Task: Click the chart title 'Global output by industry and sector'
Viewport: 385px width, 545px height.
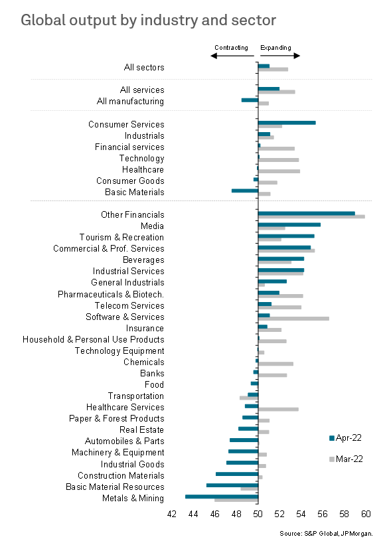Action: pos(149,20)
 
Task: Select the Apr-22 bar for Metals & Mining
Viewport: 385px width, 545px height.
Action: pos(222,497)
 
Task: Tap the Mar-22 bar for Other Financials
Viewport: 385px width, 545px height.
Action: pos(311,217)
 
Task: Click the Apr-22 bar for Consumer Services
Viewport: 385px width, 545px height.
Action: pos(287,123)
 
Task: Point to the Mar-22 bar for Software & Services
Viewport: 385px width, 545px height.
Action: pos(293,319)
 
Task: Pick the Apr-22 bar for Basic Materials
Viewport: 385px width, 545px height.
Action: pos(245,191)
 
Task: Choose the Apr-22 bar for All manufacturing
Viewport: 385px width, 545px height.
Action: pos(250,100)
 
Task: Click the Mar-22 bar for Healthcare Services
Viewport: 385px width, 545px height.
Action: pos(278,409)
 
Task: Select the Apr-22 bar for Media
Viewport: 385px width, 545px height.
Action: pos(289,224)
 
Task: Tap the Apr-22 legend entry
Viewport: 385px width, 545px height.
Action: pos(345,437)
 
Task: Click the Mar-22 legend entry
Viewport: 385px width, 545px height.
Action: pos(346,459)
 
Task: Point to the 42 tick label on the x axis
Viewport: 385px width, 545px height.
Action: pos(172,514)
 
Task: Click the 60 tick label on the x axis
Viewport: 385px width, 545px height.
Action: pos(366,514)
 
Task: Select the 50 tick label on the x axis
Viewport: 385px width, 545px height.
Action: pos(258,514)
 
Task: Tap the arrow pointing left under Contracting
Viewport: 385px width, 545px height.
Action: pos(232,56)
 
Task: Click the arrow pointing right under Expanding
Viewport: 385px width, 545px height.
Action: pos(280,56)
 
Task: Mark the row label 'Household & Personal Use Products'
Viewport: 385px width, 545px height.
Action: pos(94,340)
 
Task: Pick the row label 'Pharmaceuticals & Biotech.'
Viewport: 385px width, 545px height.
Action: pos(111,294)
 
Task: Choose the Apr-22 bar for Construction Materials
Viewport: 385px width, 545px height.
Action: pos(237,474)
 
